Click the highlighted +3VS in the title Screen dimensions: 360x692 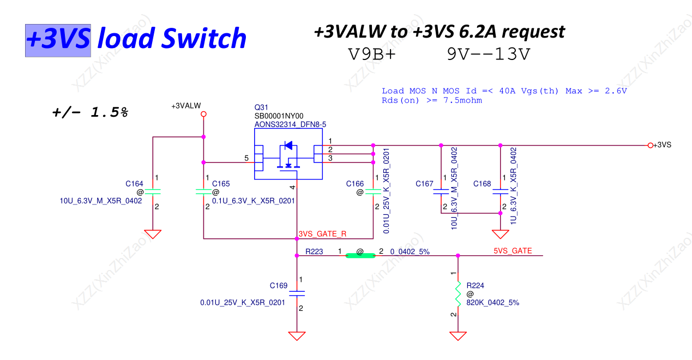(x=58, y=39)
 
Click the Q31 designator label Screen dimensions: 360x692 (x=261, y=107)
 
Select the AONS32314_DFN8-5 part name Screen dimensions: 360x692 (x=290, y=124)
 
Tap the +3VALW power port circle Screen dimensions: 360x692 (x=203, y=114)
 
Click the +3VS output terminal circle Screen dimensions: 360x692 (x=650, y=145)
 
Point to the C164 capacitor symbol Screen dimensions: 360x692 (x=153, y=192)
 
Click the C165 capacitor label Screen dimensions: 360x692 (x=221, y=184)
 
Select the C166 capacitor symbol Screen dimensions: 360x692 (x=373, y=192)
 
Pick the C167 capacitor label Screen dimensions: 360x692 (x=424, y=184)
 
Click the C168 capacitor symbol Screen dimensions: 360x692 (x=500, y=192)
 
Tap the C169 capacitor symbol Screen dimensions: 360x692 (x=297, y=293)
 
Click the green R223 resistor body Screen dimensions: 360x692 (x=360, y=255)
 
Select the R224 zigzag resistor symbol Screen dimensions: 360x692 (x=458, y=295)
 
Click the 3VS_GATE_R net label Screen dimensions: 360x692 (x=322, y=234)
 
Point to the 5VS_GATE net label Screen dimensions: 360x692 (x=513, y=251)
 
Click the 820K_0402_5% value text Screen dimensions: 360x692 (x=492, y=303)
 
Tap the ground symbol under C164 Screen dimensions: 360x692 (x=153, y=233)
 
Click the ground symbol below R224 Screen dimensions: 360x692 (x=458, y=335)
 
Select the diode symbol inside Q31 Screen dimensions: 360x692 (x=288, y=146)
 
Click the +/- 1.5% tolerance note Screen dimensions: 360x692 (x=90, y=112)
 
